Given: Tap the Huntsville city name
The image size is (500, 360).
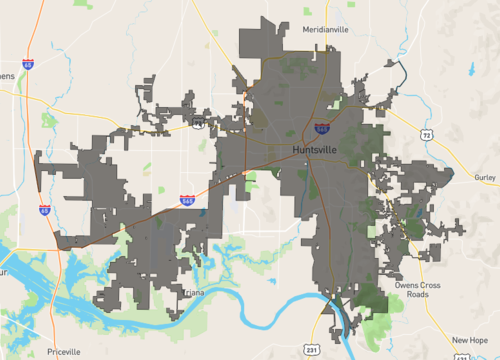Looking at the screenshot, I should coord(315,150).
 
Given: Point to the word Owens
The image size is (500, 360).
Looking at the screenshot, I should coord(407,284).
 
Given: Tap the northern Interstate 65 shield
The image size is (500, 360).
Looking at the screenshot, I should coord(28,65).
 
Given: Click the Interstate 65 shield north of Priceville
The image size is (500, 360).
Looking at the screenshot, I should coord(45,211).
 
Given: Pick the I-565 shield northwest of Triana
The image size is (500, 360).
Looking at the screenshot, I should coord(187,201).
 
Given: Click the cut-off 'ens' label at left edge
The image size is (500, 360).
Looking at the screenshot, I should coord(7,75).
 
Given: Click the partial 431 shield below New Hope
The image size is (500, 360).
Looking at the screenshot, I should coord(496,356).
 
